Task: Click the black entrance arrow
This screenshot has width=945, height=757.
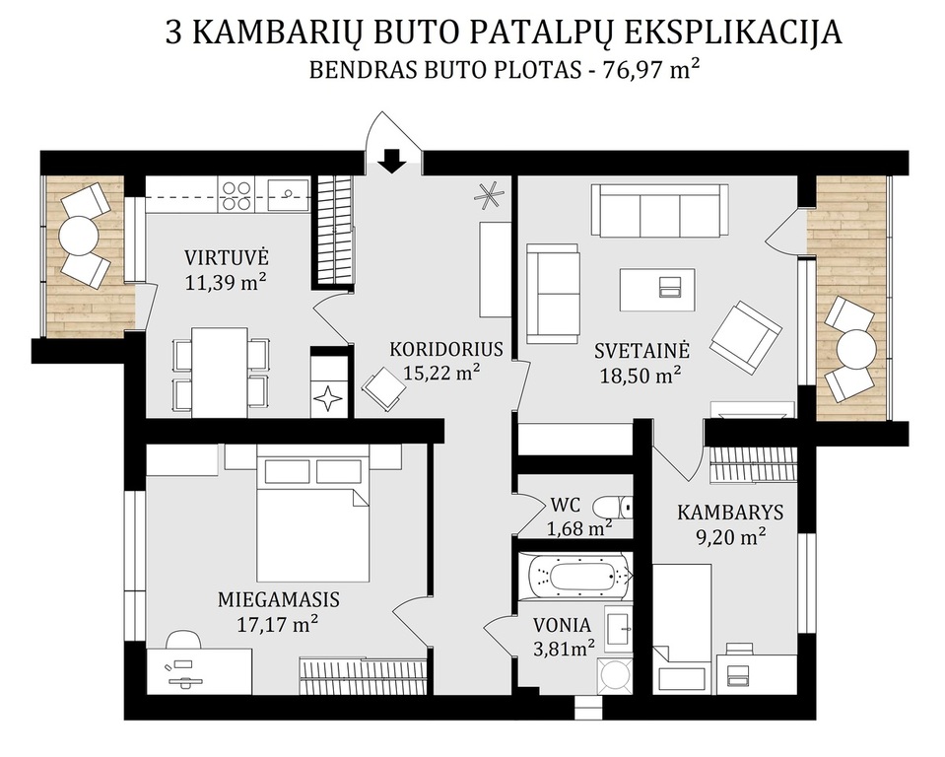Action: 392,161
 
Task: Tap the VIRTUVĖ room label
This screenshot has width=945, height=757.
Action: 227,258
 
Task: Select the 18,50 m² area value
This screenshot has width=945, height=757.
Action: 641,376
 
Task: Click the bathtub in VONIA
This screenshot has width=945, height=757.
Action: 579,577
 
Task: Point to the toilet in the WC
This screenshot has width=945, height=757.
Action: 612,507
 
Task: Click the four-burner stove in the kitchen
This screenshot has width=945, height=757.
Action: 236,195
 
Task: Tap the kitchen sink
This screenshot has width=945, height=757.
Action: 289,194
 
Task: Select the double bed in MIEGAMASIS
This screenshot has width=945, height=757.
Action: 312,513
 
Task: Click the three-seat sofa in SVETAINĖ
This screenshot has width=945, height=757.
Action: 659,211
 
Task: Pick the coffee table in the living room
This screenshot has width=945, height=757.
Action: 657,290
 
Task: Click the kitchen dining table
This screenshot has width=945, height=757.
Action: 220,373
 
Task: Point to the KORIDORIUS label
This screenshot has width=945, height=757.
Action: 446,350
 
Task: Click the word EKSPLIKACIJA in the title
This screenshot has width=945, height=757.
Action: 731,34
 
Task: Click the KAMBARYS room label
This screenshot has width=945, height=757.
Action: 730,513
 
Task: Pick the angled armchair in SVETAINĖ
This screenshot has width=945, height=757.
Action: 746,337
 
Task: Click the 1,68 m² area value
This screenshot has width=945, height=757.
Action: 579,528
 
